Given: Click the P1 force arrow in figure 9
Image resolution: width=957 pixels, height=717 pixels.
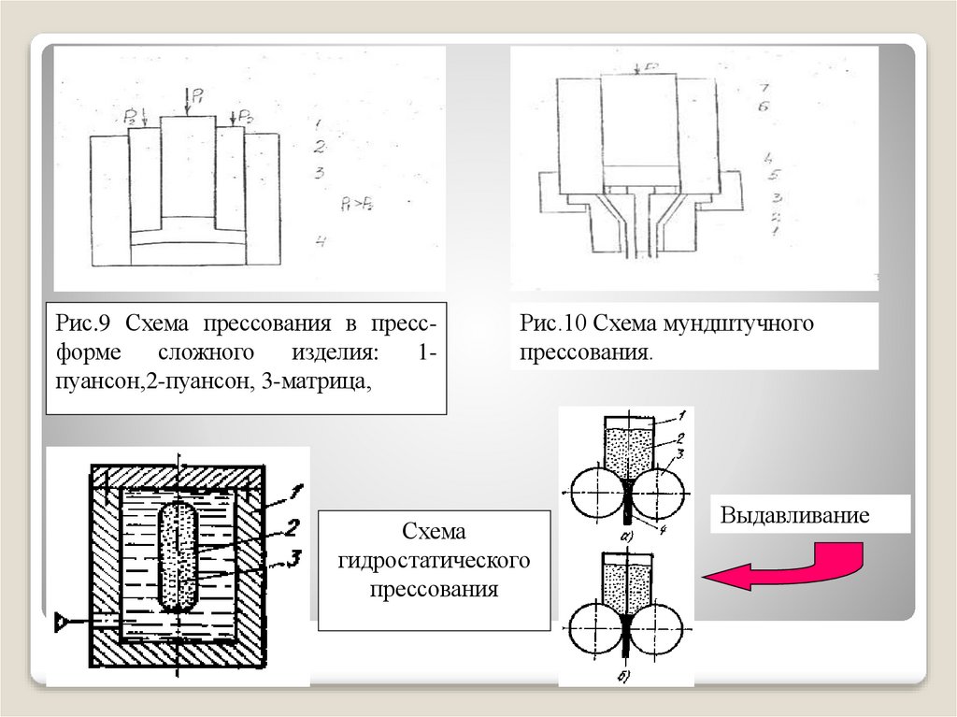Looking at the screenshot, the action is point(188,101).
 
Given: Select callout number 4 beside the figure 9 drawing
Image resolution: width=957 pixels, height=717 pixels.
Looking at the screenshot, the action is point(320,241).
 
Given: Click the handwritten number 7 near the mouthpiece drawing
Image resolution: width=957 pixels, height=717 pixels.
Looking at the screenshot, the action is point(764,87).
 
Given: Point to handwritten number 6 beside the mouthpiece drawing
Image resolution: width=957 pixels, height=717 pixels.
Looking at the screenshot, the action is point(764,108).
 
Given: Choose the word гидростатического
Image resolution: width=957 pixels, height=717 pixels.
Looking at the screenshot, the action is point(434,561).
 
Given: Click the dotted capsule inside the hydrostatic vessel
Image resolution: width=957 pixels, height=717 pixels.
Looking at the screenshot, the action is point(178,556).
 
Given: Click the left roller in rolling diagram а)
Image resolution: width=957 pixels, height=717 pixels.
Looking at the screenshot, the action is point(595,493).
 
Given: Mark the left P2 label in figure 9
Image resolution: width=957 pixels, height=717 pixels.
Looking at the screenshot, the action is point(130,115).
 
